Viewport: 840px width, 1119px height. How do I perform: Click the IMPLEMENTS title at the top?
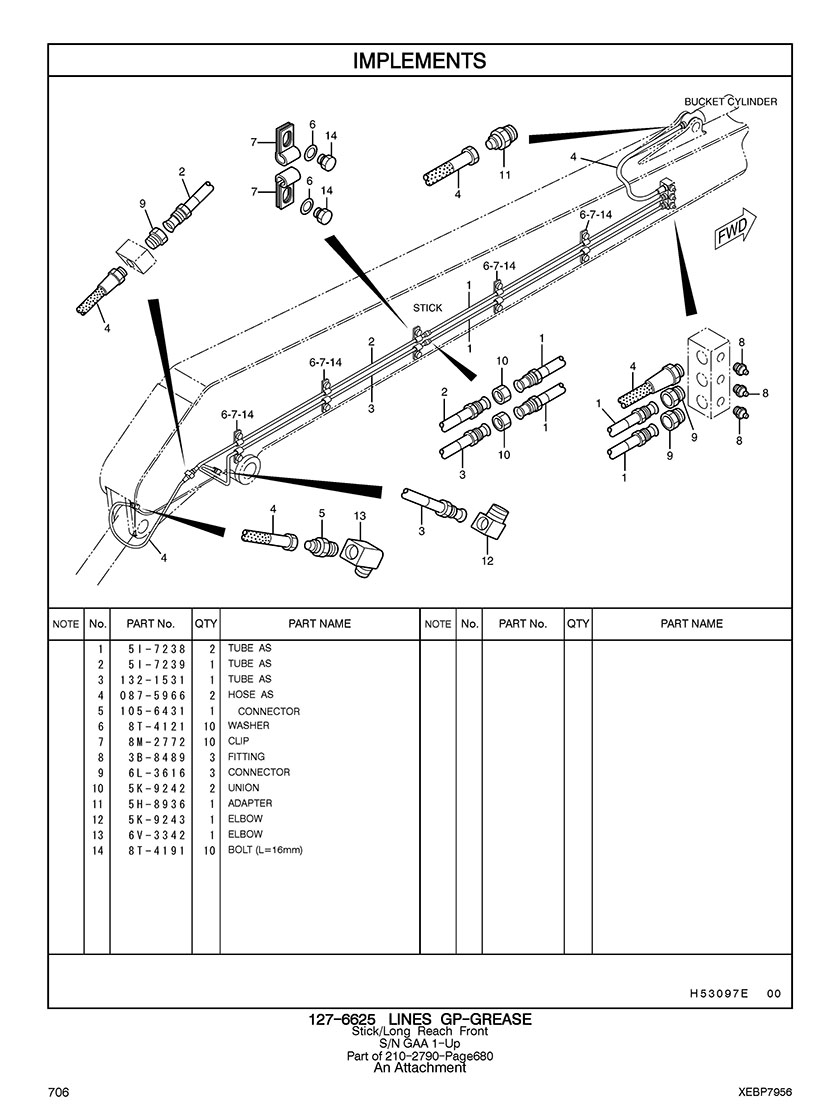[419, 61]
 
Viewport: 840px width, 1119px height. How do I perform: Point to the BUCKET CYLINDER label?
[730, 101]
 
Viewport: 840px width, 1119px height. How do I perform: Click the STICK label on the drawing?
[427, 308]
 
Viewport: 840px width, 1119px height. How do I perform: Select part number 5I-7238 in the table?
[157, 648]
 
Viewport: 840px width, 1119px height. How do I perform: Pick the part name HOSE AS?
[250, 694]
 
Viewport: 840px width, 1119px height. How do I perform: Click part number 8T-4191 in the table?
[157, 850]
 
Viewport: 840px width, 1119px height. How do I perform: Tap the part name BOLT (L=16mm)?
[265, 850]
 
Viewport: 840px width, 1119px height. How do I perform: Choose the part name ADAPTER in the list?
[250, 803]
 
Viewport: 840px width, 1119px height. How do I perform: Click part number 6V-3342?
[157, 834]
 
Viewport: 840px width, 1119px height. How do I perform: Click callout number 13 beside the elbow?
[359, 516]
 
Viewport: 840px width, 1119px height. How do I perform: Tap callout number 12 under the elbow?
[487, 561]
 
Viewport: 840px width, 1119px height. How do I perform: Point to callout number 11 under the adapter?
[505, 174]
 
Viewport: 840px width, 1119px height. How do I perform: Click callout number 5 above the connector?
[322, 513]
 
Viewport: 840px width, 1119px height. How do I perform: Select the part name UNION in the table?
[243, 788]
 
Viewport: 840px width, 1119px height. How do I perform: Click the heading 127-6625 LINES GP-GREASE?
[419, 1019]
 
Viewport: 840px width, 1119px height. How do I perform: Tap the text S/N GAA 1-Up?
[419, 1043]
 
